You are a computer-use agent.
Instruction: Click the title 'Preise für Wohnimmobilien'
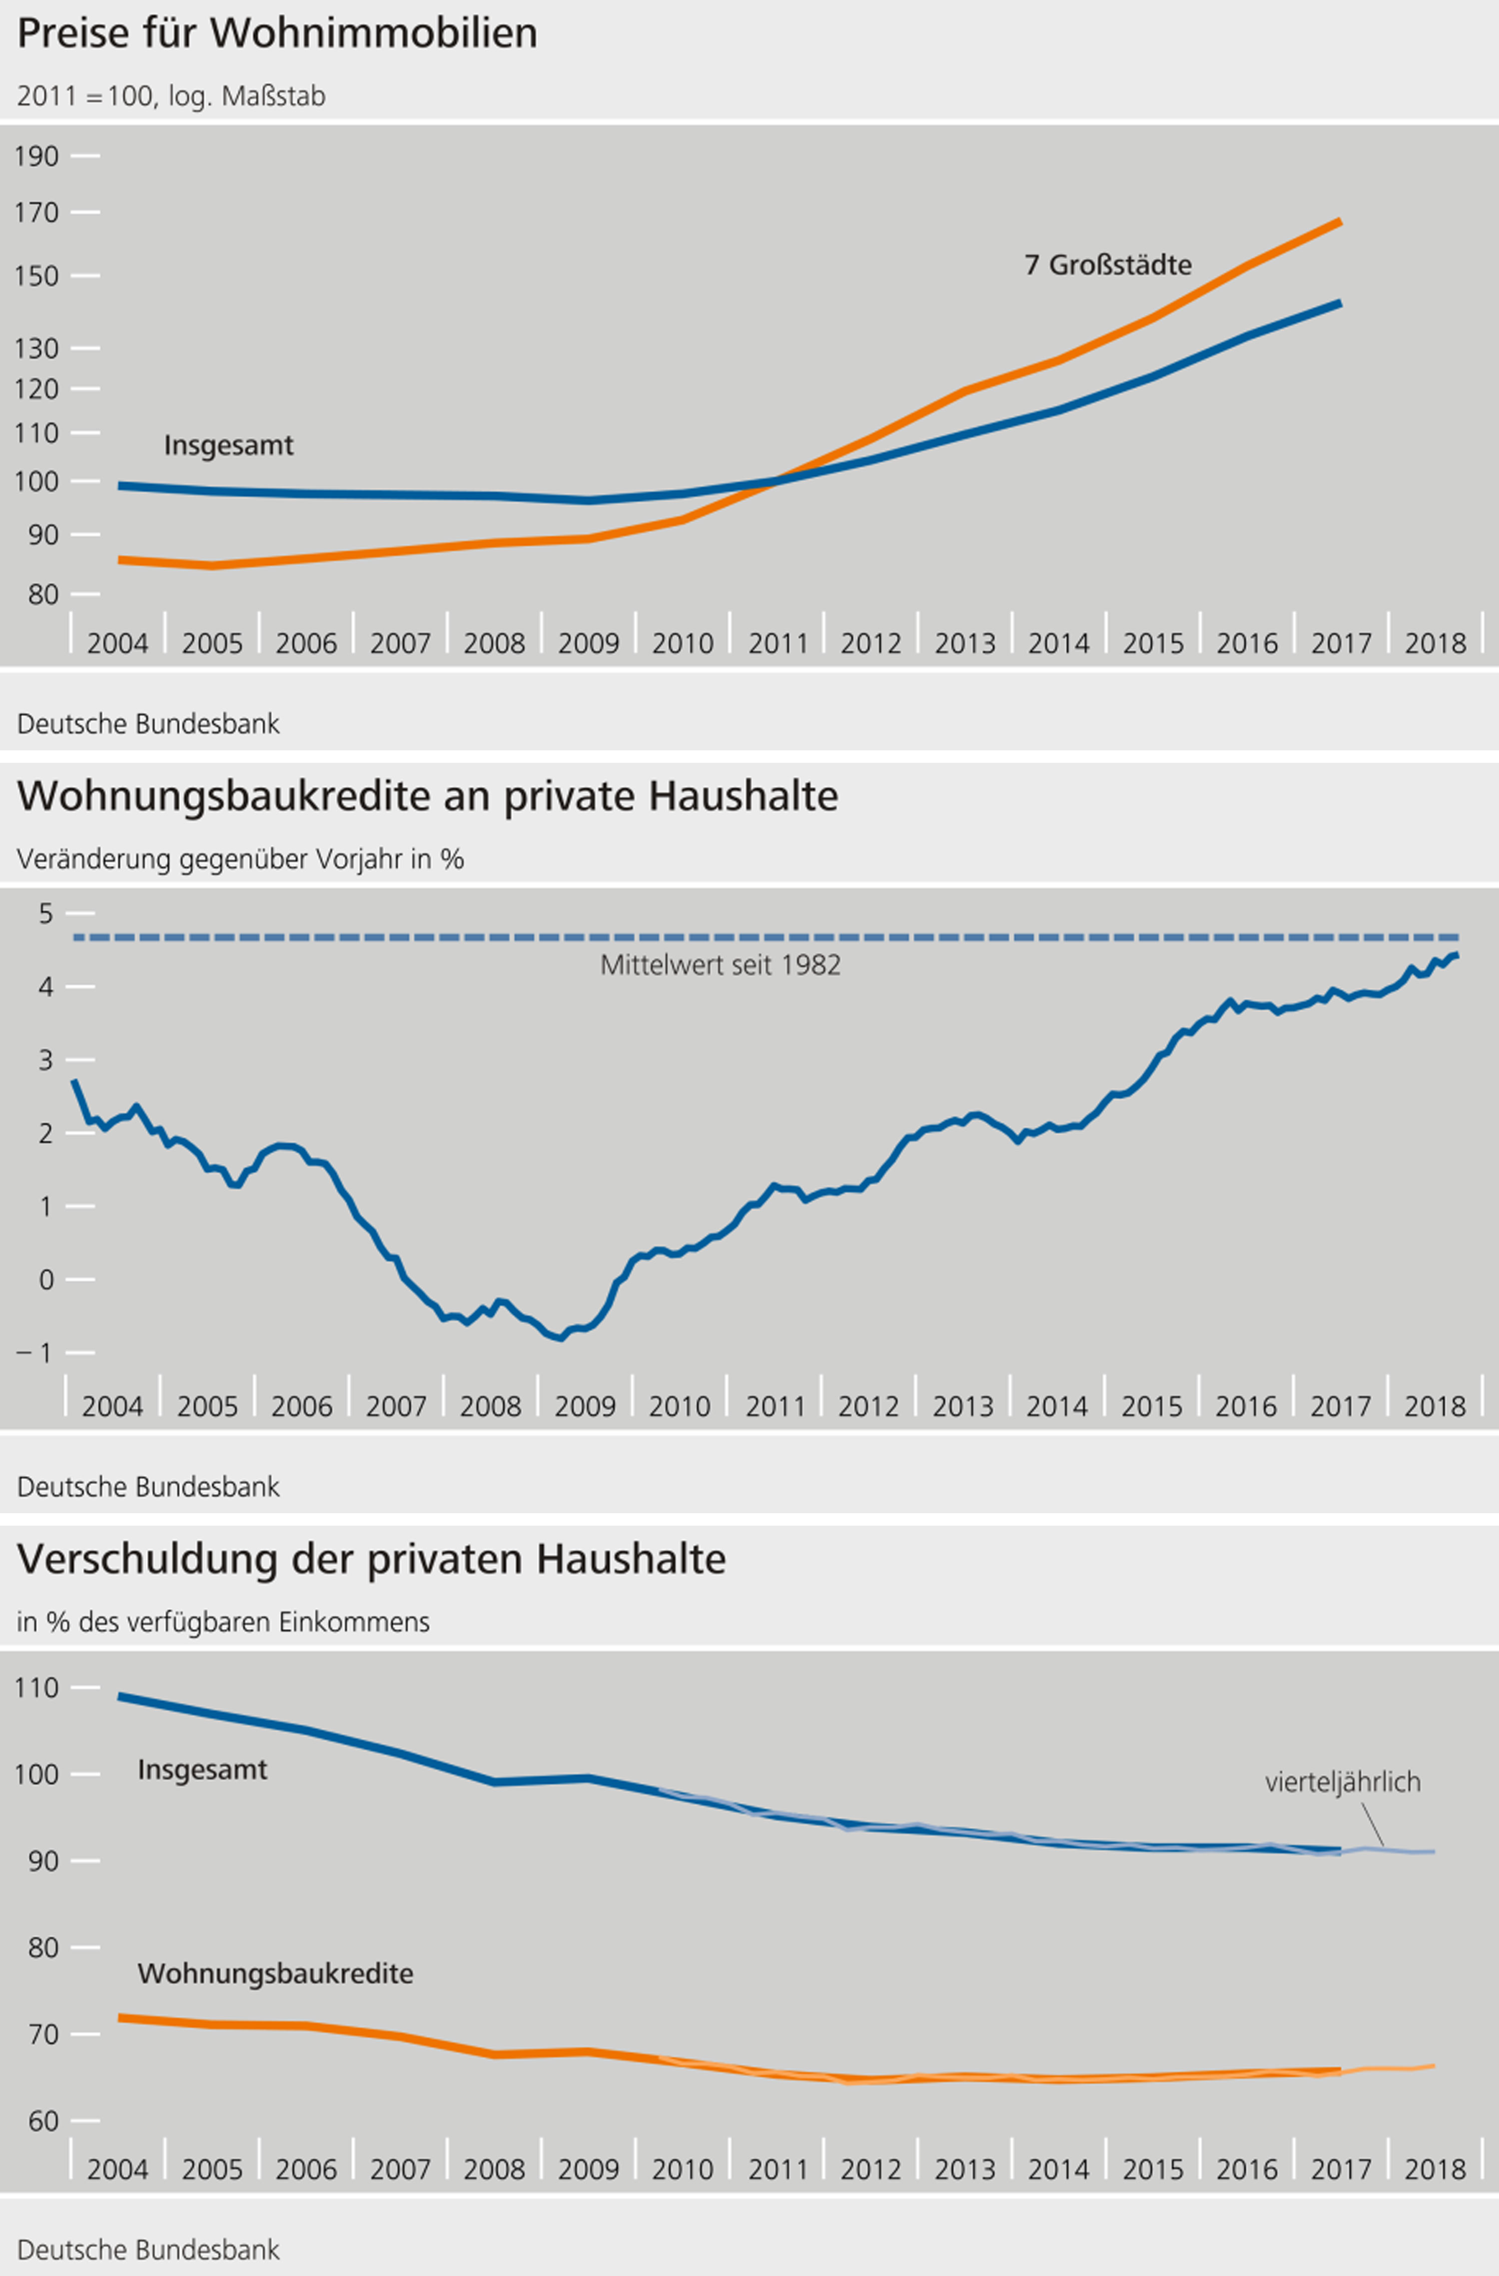tap(277, 33)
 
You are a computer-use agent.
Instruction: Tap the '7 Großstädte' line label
tap(1108, 265)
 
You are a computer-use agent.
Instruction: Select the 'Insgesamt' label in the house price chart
tap(228, 445)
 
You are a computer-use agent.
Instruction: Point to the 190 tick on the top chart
tap(36, 156)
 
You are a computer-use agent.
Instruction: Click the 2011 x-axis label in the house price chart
tap(777, 643)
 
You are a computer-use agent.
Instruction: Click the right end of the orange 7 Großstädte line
tap(1339, 222)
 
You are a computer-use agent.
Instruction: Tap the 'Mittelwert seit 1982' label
tap(720, 965)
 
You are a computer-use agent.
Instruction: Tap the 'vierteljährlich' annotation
tap(1342, 1782)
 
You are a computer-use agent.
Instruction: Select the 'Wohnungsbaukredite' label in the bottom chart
tap(275, 1973)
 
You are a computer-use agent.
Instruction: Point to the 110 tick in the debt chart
tap(36, 1688)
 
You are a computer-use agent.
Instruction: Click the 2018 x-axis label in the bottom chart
tap(1434, 2169)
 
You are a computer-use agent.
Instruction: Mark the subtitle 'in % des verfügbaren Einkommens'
tap(223, 1622)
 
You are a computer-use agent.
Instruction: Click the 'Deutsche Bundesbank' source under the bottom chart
tap(148, 2249)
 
